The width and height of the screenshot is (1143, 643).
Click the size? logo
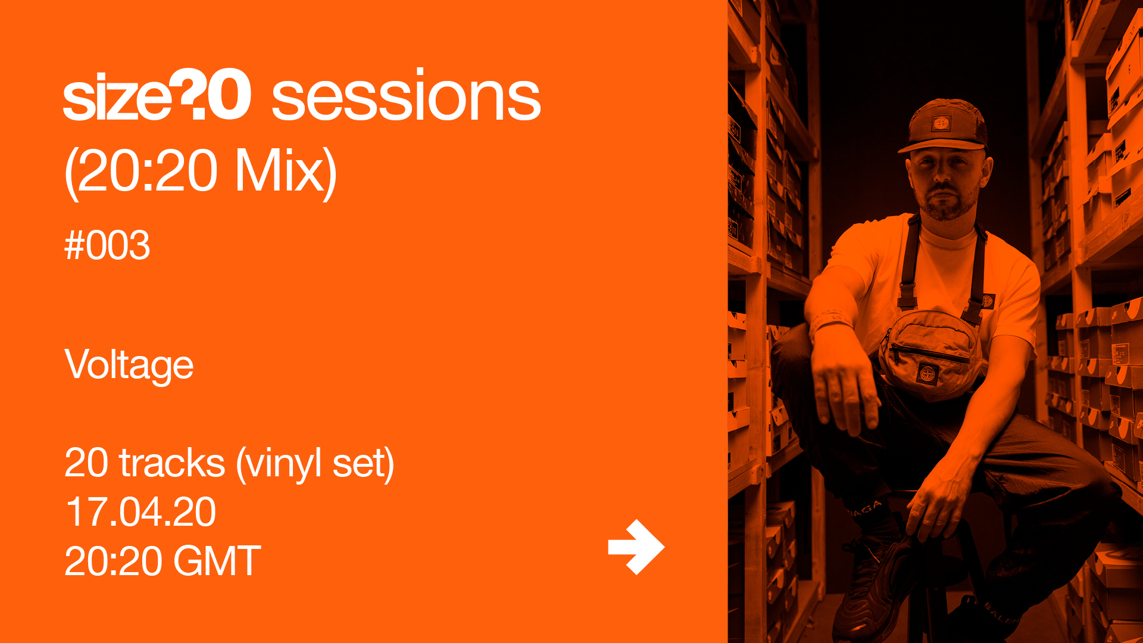tap(157, 95)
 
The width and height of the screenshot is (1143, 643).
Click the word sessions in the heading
tap(406, 95)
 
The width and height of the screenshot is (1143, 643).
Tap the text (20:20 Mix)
tap(201, 171)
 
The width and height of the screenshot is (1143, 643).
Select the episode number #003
tap(107, 245)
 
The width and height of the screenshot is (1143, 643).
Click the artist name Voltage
tap(129, 365)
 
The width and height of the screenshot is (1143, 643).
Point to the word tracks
tap(172, 463)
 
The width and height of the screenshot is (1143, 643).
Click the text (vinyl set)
tap(316, 464)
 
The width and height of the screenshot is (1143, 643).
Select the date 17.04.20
tap(140, 512)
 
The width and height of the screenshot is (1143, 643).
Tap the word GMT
tap(217, 561)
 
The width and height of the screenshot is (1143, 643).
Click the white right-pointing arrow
tap(636, 547)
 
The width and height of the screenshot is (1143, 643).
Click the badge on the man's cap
tap(941, 123)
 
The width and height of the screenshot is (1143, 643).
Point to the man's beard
tap(947, 202)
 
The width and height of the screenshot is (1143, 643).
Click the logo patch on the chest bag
tap(927, 374)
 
